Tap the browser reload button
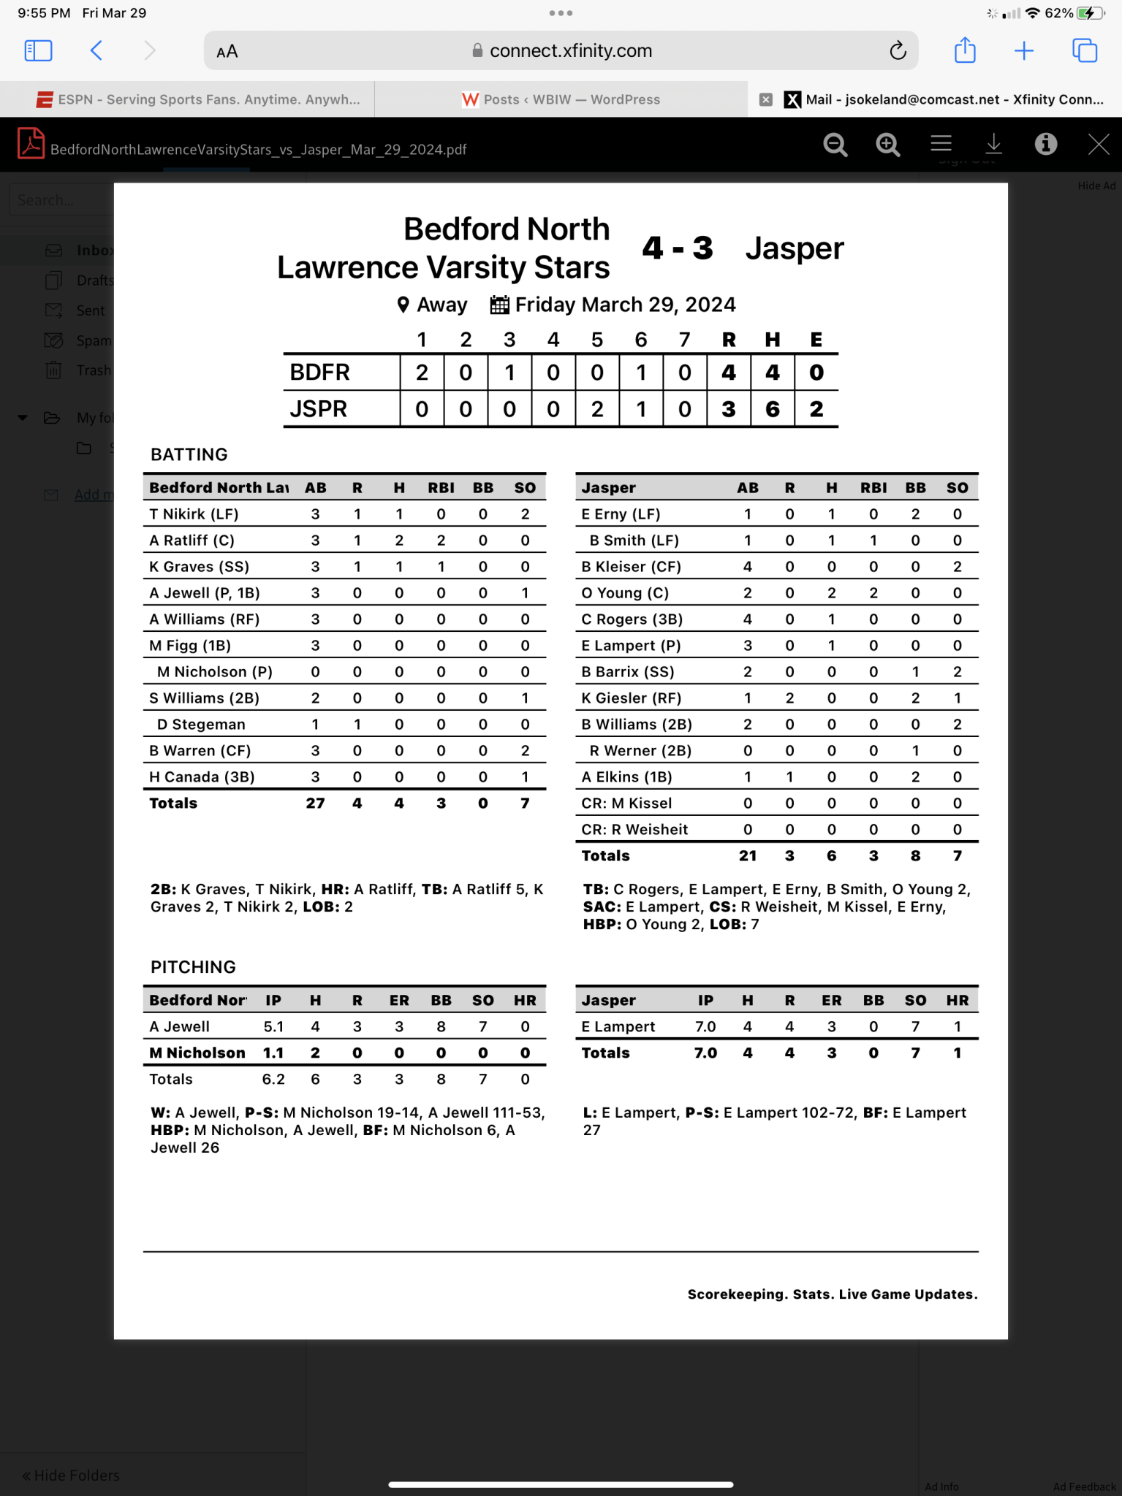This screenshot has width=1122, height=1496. pyautogui.click(x=898, y=50)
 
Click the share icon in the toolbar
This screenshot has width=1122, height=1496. pyautogui.click(x=965, y=50)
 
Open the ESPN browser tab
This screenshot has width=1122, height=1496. pyautogui.click(x=197, y=99)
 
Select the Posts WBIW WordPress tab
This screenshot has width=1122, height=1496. pyautogui.click(x=561, y=99)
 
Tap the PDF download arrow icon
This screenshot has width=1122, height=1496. pyautogui.click(x=993, y=145)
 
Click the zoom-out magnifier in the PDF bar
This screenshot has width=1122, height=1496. pyautogui.click(x=835, y=145)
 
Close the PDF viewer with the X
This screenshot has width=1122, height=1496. pyautogui.click(x=1098, y=145)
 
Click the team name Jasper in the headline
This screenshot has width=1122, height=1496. pyautogui.click(x=794, y=248)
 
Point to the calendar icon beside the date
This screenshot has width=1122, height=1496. pyautogui.click(x=499, y=305)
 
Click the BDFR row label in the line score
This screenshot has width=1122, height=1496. pyautogui.click(x=320, y=373)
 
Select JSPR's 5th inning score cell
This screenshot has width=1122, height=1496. pyautogui.click(x=597, y=409)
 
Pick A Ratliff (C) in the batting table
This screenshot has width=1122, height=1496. pyautogui.click(x=192, y=541)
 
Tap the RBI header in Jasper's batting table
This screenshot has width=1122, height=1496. pyautogui.click(x=873, y=488)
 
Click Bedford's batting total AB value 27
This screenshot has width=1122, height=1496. pyautogui.click(x=315, y=804)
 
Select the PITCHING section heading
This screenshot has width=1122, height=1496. pyautogui.click(x=193, y=967)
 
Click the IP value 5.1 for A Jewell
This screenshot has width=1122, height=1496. pyautogui.click(x=273, y=1027)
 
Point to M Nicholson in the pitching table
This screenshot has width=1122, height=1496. pyautogui.click(x=197, y=1053)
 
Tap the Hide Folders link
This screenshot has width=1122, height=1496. pyautogui.click(x=72, y=1475)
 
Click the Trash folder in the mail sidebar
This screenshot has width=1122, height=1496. pyautogui.click(x=93, y=370)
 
